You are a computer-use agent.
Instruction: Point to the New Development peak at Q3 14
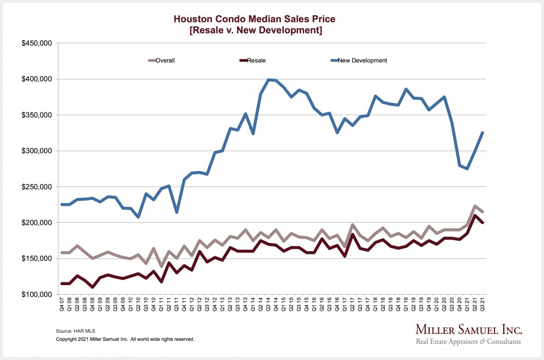268,80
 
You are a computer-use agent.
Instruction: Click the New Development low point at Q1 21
467,169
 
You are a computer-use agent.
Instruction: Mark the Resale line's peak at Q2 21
475,215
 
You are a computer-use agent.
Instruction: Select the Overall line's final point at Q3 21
482,212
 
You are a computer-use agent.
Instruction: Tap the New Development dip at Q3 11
177,212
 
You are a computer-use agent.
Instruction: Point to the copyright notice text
125,339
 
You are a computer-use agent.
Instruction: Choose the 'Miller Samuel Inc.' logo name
469,330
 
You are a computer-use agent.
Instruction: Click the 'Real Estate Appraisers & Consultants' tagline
469,341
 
